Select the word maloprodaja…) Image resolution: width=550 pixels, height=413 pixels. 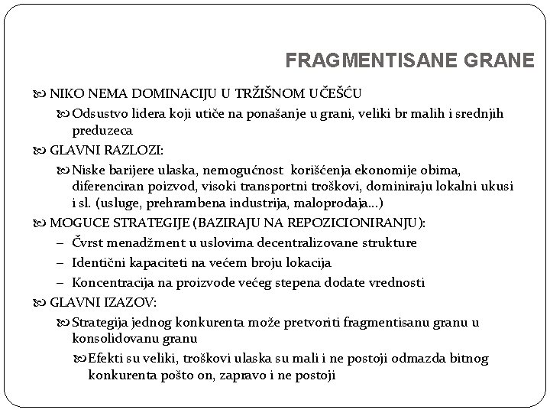coord(348,203)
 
